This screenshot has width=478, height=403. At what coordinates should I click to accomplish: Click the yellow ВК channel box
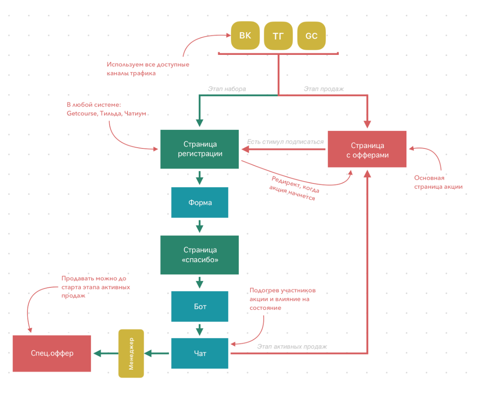245,35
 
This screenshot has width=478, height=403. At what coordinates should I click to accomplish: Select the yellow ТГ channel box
278,36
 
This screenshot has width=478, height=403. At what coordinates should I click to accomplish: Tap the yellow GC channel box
311,36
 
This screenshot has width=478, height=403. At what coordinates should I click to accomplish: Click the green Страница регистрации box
199,149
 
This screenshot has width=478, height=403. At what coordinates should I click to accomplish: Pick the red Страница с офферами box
367,149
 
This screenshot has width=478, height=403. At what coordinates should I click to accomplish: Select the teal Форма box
200,202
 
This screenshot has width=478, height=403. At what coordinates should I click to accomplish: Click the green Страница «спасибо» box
199,255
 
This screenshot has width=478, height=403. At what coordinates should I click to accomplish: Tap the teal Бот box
200,306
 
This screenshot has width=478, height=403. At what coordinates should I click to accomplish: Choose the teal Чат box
200,353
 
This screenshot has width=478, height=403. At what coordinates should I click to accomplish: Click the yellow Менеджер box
131,354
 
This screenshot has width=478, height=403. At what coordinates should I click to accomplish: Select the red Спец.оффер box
52,354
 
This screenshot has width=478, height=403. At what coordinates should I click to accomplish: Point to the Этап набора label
227,89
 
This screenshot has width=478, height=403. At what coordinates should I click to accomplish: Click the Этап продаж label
323,89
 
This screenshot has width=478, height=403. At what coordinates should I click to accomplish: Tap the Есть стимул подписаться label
285,142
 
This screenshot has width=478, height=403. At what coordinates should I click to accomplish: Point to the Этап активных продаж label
292,346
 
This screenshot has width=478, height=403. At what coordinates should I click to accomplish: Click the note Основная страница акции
438,182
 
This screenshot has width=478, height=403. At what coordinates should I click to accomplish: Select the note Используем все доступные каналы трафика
148,69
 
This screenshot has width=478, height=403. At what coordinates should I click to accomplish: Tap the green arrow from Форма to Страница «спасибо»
200,226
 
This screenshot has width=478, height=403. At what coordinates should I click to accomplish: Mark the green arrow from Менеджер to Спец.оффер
106,354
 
